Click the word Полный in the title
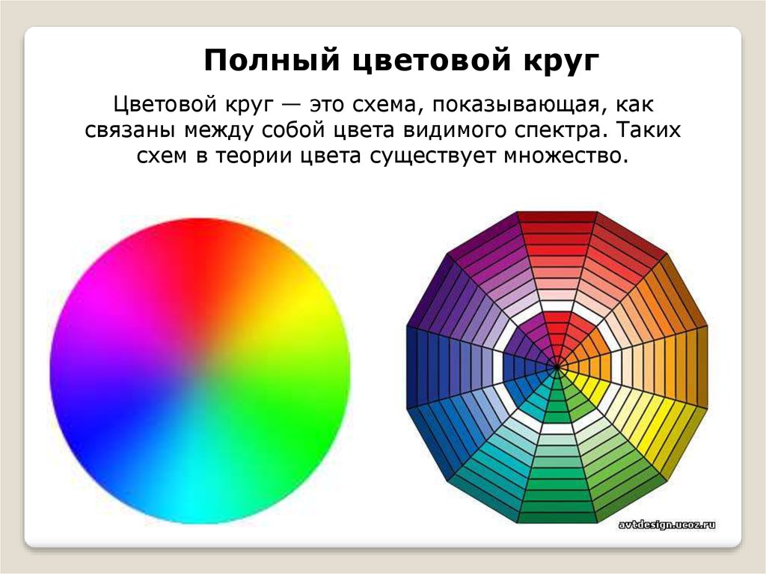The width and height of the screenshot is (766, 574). [x=271, y=61]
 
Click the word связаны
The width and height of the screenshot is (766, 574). [x=130, y=131]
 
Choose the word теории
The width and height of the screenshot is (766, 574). [x=254, y=156]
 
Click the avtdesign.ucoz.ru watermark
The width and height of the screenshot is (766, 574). [x=667, y=525]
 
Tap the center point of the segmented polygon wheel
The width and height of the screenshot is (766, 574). [x=557, y=365]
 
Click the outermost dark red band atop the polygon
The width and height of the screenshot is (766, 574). [x=557, y=217]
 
